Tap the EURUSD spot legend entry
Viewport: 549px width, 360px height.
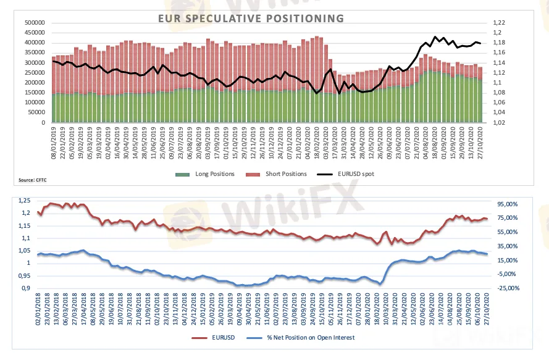(354, 174)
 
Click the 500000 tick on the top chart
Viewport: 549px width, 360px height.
(34, 23)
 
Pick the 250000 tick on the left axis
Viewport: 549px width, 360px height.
(34, 73)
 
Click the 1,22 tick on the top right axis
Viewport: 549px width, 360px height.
(498, 23)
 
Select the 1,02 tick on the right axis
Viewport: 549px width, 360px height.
(498, 122)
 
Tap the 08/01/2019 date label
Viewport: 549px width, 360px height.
(54, 141)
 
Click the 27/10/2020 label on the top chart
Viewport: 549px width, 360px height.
(480, 141)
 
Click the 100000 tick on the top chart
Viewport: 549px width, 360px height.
(34, 103)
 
